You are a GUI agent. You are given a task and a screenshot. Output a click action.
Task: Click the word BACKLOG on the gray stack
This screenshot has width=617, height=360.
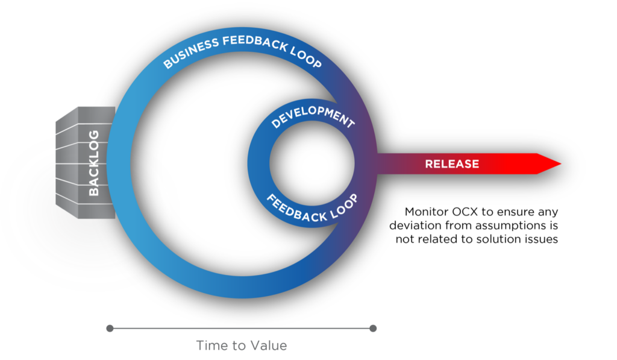pos(94,163)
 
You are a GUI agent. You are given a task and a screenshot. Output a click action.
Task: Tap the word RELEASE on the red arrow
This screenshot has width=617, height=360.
pos(452,164)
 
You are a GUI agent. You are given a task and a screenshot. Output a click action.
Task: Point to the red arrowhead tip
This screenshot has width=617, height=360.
pos(560,164)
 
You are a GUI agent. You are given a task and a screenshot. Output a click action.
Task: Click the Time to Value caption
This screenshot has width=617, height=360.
pos(241,346)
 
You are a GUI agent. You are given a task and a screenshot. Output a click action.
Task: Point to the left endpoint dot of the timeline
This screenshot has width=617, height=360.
pos(110,329)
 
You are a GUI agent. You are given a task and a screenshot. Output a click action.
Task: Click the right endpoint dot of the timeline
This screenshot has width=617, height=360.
pos(373,329)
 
